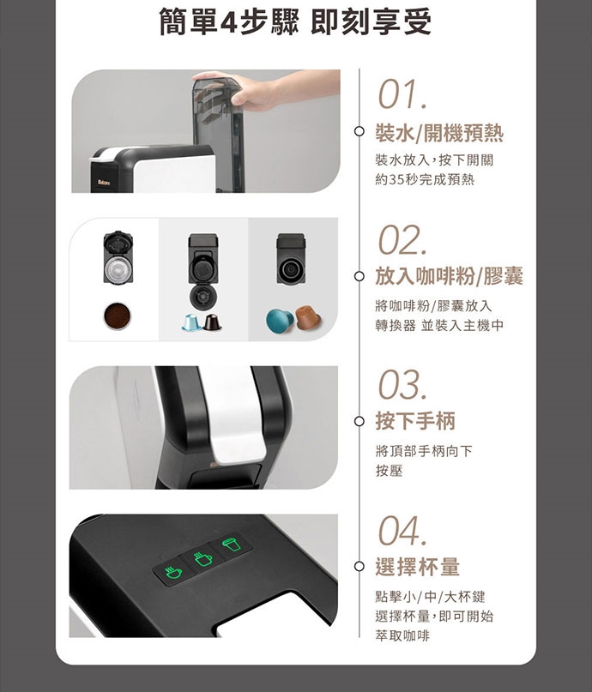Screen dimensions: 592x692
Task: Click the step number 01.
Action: (x=402, y=94)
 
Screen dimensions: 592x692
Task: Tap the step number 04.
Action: (x=402, y=531)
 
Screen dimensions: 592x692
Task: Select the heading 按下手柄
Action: (x=415, y=420)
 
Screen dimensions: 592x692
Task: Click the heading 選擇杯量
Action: (x=417, y=567)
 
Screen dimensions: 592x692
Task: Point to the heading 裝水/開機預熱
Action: (x=439, y=133)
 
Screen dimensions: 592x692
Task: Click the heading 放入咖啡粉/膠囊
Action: (x=449, y=276)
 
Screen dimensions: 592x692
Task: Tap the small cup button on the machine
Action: (x=173, y=573)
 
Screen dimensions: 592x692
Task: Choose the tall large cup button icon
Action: (x=232, y=545)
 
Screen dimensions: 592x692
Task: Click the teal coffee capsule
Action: (x=280, y=321)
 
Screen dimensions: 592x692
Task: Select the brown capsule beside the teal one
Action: (x=308, y=317)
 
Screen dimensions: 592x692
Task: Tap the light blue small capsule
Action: (x=192, y=322)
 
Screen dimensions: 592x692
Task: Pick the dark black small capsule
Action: (x=212, y=322)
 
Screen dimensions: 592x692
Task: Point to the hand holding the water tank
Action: (x=266, y=91)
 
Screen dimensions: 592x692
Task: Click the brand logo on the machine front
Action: (x=104, y=183)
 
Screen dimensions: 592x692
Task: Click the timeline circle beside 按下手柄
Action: (x=359, y=422)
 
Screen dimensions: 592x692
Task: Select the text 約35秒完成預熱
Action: (x=425, y=179)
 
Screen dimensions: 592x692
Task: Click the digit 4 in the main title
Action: (x=229, y=22)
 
